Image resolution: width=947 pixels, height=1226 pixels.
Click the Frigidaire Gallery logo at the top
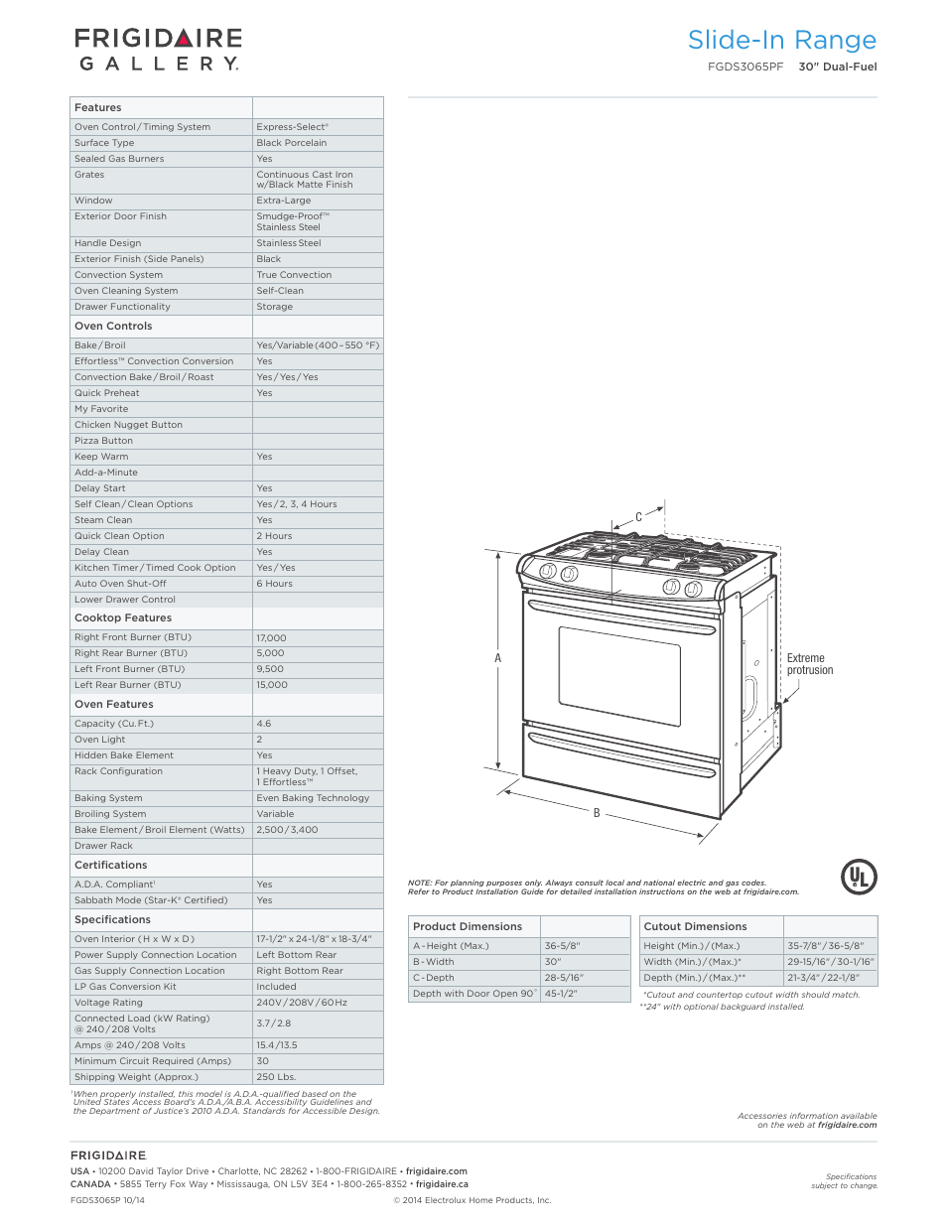[158, 50]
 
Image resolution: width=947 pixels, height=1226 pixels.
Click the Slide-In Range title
[781, 41]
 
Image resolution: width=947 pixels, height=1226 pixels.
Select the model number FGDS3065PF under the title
[744, 68]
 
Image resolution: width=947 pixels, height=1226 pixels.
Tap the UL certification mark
[859, 877]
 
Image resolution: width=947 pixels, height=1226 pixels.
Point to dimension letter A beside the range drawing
[498, 658]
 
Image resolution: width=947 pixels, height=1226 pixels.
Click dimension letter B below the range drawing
[597, 813]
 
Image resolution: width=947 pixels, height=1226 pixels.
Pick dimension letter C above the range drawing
[638, 517]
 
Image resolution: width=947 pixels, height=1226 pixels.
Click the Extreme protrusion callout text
[809, 664]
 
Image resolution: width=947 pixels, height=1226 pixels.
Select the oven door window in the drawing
[618, 676]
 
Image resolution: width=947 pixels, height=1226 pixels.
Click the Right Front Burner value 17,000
[271, 638]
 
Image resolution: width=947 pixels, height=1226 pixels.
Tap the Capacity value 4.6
[264, 724]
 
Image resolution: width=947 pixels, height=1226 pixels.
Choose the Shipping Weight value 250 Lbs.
[276, 1077]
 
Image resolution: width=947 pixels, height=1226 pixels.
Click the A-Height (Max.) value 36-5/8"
[562, 946]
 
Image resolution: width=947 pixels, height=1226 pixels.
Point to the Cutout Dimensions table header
[695, 926]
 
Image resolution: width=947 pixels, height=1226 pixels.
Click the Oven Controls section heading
[113, 326]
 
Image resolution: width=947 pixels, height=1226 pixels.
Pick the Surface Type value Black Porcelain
[291, 143]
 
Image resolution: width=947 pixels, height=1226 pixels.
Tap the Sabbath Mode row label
[151, 900]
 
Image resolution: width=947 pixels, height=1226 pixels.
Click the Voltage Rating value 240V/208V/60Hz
[302, 1003]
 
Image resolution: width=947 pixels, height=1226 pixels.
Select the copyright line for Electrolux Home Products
[472, 1200]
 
